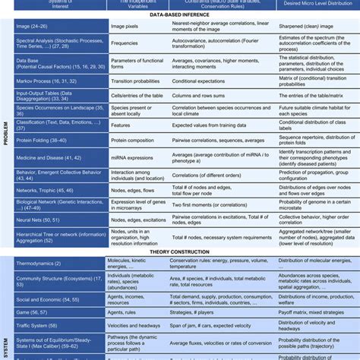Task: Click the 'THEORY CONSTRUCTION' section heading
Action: tap(181, 252)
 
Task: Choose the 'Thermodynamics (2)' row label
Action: tap(43, 264)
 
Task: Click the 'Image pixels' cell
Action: tap(125, 26)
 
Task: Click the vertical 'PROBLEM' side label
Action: tap(5, 137)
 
